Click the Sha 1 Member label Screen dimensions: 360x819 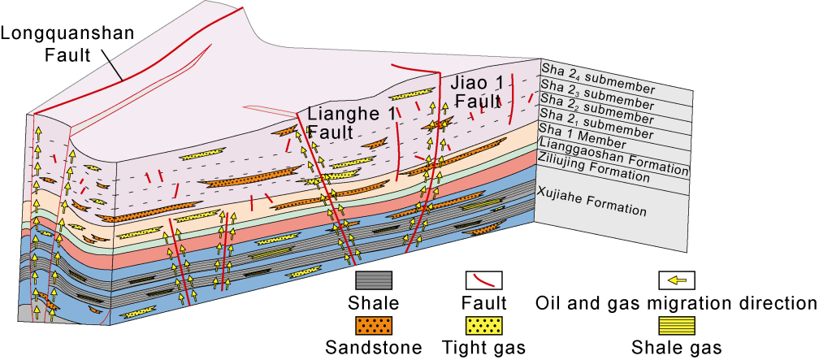coord(584,134)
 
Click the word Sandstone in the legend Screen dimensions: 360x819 coord(374,348)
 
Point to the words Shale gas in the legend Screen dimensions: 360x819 coord(676,348)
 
